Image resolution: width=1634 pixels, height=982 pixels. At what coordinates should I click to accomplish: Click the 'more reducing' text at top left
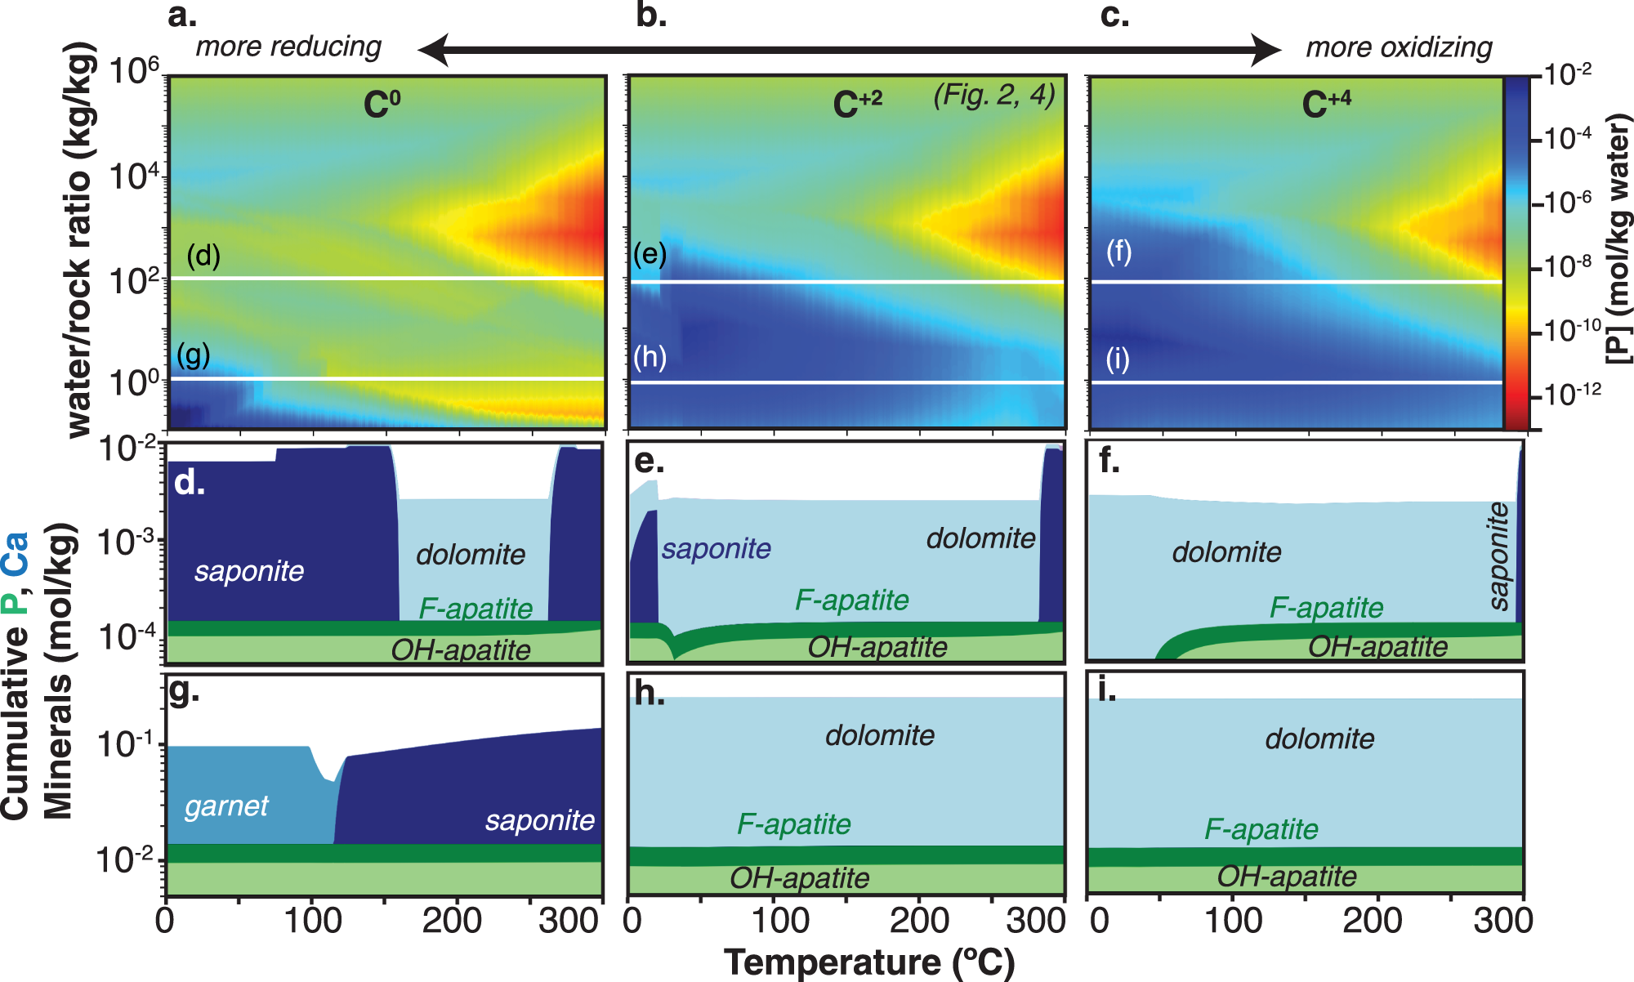(x=288, y=47)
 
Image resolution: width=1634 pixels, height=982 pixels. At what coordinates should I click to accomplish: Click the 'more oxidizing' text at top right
(x=1399, y=47)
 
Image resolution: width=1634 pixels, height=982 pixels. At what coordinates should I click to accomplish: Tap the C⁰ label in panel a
(x=382, y=104)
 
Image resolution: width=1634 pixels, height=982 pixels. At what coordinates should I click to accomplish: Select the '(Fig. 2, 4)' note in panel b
(x=994, y=95)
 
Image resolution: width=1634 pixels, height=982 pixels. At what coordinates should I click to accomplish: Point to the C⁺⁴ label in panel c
(x=1325, y=104)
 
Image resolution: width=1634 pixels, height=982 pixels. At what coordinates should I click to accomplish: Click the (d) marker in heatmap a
(x=203, y=256)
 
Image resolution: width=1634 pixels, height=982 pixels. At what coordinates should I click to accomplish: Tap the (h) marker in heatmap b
(x=650, y=357)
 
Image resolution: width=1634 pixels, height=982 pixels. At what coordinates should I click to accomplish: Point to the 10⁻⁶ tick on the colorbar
(x=1569, y=201)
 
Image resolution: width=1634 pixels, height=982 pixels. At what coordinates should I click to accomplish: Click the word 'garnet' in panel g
(x=226, y=806)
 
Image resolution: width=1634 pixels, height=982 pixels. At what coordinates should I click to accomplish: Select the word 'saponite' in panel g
(x=539, y=819)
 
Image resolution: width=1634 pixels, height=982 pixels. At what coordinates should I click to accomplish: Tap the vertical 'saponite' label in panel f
(x=1498, y=556)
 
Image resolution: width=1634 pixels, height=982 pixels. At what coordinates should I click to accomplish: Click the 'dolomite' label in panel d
(x=471, y=555)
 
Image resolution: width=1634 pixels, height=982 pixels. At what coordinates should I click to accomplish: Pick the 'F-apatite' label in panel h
(x=794, y=824)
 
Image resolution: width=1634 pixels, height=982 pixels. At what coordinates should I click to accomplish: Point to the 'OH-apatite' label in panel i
(x=1286, y=877)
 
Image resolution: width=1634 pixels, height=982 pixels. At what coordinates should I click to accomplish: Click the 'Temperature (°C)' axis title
(x=868, y=962)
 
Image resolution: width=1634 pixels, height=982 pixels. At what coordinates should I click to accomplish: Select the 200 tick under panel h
(x=919, y=921)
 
